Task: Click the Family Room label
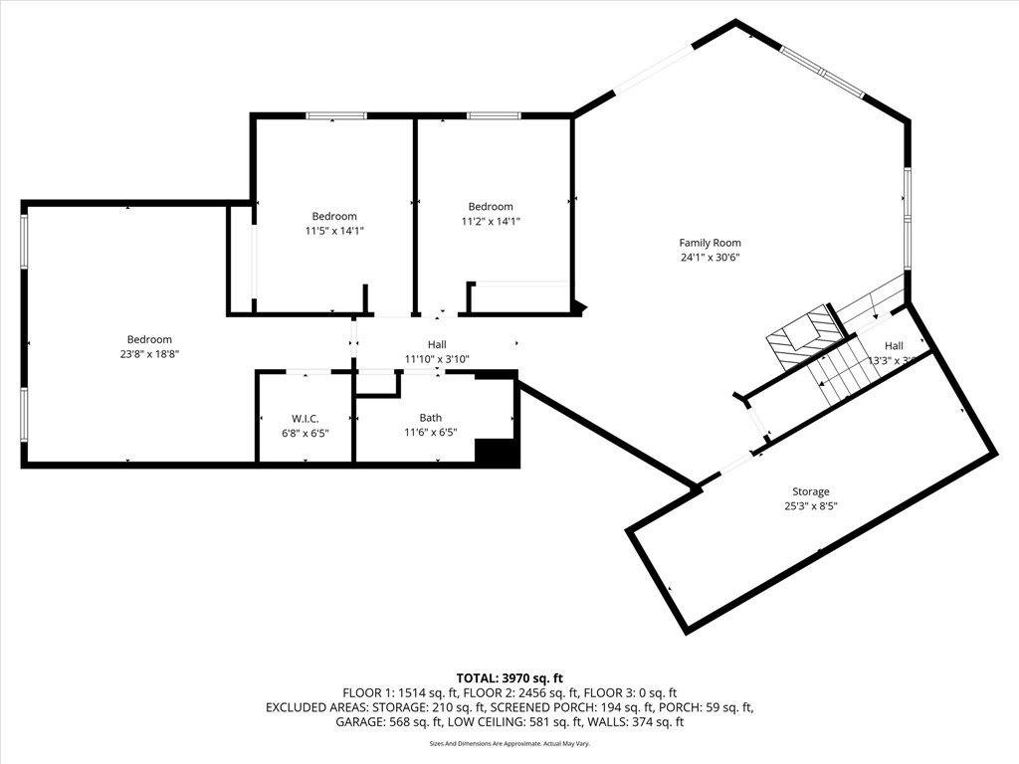(710, 243)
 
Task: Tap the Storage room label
(810, 491)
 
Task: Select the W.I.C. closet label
(305, 418)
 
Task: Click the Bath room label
(430, 418)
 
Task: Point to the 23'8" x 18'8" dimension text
(148, 353)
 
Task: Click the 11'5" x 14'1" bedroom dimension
(334, 231)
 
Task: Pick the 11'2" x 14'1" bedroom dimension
(491, 221)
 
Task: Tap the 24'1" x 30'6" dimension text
(710, 257)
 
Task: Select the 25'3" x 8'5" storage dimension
(810, 505)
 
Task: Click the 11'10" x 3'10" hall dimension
(436, 359)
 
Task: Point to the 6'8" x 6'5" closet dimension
(305, 432)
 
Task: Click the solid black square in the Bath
(496, 452)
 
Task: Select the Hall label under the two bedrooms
(436, 345)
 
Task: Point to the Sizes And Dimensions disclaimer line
(509, 743)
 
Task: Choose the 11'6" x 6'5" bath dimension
(430, 432)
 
